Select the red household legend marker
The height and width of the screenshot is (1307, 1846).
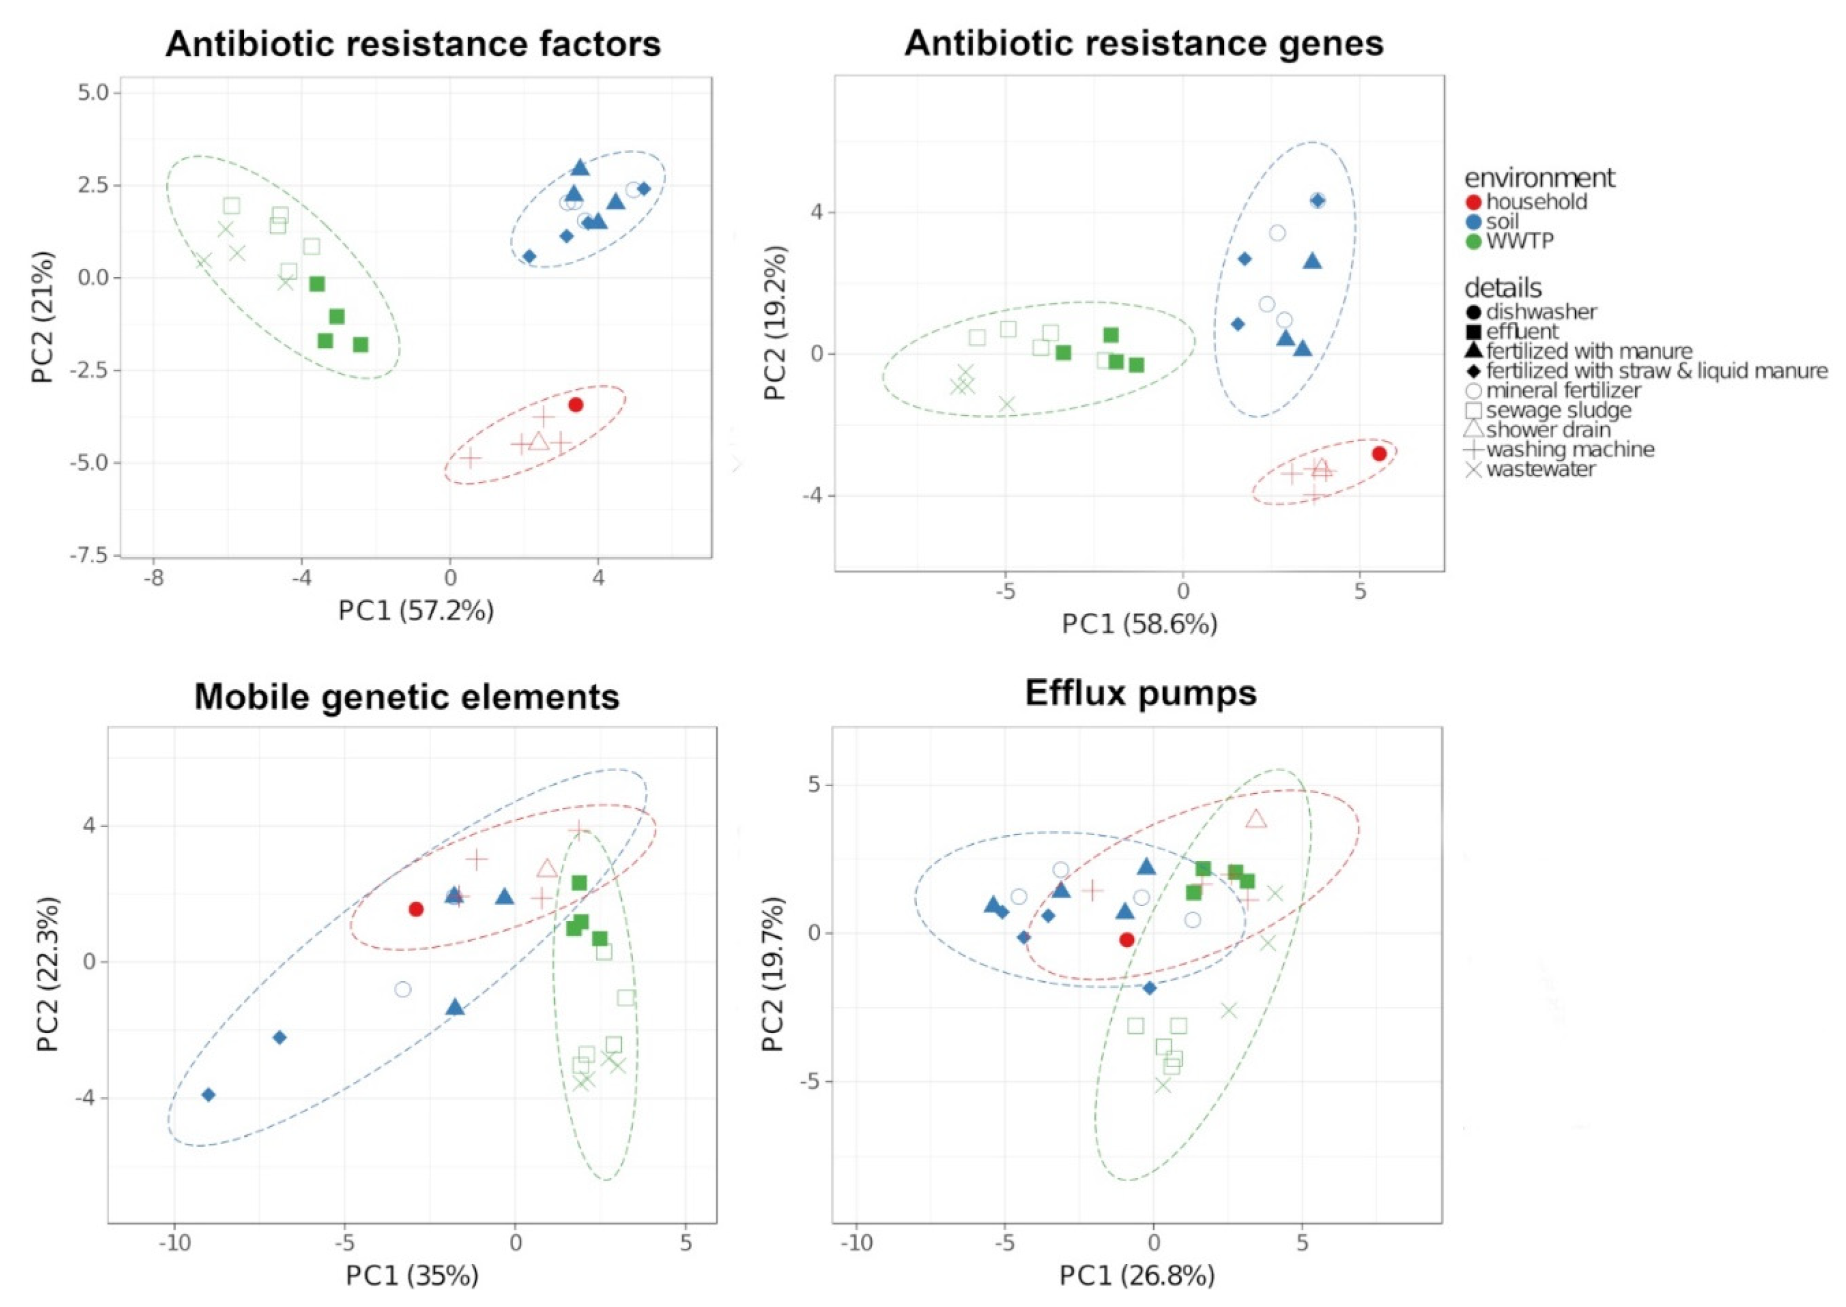(x=1473, y=202)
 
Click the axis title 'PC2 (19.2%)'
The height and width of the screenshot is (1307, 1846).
(x=776, y=323)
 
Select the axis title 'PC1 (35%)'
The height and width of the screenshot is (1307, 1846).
(x=412, y=1276)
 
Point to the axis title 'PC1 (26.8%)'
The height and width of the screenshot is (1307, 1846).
(x=1136, y=1276)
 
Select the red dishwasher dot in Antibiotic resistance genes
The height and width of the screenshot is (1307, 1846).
(x=1379, y=454)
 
